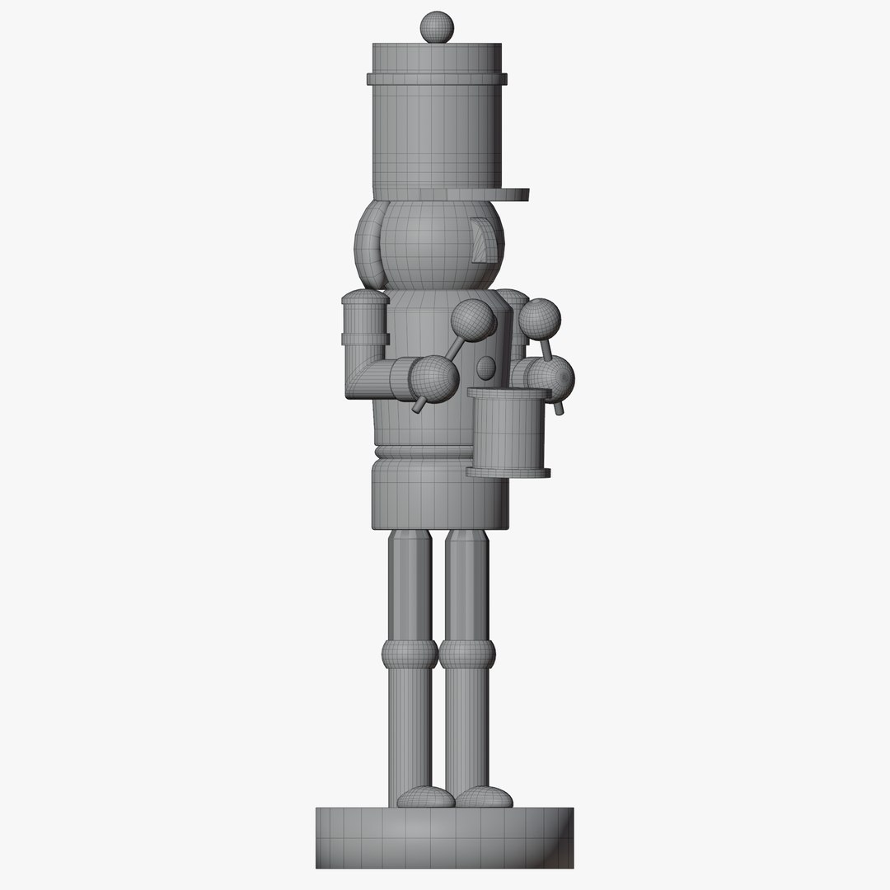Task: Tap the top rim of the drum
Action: tap(508, 394)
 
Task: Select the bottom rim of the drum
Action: tap(508, 472)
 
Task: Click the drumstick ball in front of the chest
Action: tap(473, 318)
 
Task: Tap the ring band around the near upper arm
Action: tap(365, 337)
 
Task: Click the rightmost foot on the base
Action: tap(484, 797)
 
